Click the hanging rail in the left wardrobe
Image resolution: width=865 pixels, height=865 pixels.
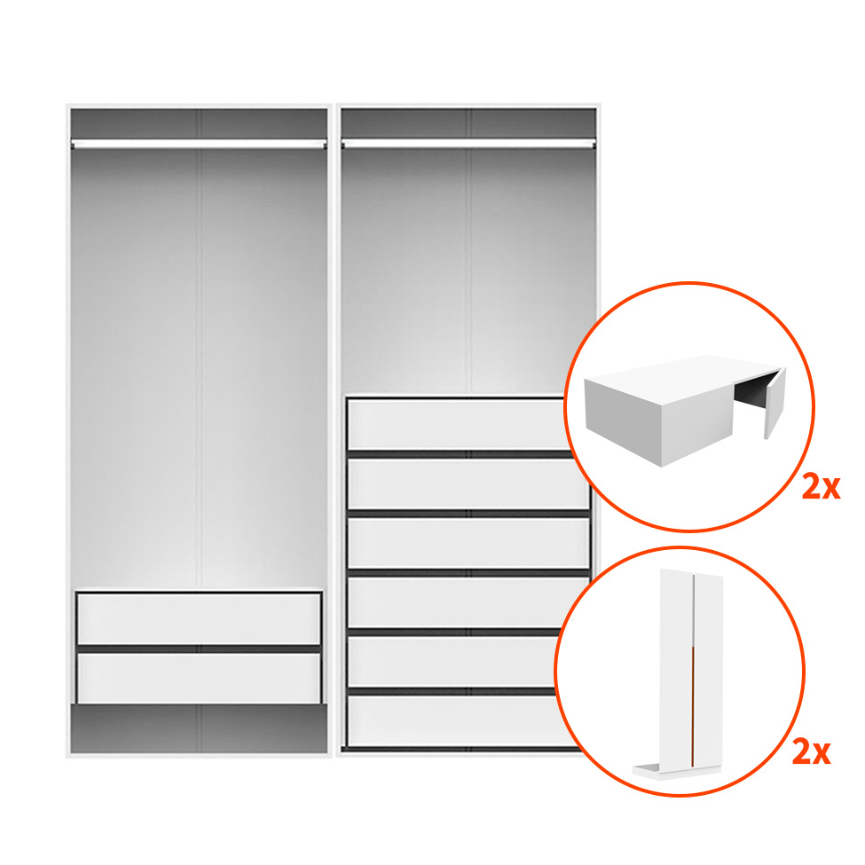199,145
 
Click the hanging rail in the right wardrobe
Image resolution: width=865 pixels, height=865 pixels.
468,145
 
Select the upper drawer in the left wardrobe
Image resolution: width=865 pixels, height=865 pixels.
199,618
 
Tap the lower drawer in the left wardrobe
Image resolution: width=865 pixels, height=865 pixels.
199,678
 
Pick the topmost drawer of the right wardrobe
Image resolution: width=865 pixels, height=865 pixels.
458,424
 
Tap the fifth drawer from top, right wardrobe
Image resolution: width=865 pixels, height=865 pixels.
452,662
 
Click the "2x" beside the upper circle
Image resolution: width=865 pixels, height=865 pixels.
821,487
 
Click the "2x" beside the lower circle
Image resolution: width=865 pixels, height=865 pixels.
811,752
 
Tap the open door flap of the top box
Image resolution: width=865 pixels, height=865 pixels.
775,403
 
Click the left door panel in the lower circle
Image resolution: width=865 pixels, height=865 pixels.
676,667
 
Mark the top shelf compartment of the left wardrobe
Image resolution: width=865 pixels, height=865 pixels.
199,123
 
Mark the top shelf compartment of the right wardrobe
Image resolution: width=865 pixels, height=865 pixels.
468,123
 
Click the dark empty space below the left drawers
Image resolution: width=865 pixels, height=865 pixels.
199,728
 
